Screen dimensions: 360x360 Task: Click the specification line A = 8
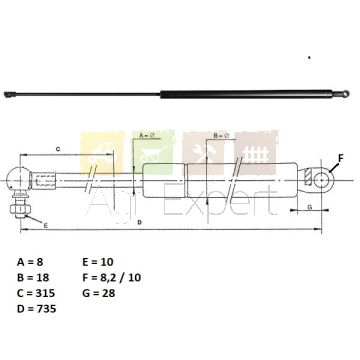coord(30,262)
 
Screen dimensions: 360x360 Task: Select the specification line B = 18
coord(33,277)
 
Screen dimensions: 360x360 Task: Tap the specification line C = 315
coord(36,293)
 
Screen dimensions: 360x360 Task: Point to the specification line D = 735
coord(36,309)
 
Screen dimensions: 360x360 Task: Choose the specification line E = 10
coord(98,262)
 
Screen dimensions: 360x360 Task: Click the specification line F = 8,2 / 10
coord(111,277)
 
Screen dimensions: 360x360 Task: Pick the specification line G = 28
coord(99,293)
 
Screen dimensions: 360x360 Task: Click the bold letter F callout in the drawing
coord(340,158)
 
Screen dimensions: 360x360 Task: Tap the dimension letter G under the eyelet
coord(309,207)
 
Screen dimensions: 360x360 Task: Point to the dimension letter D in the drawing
coord(140,222)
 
